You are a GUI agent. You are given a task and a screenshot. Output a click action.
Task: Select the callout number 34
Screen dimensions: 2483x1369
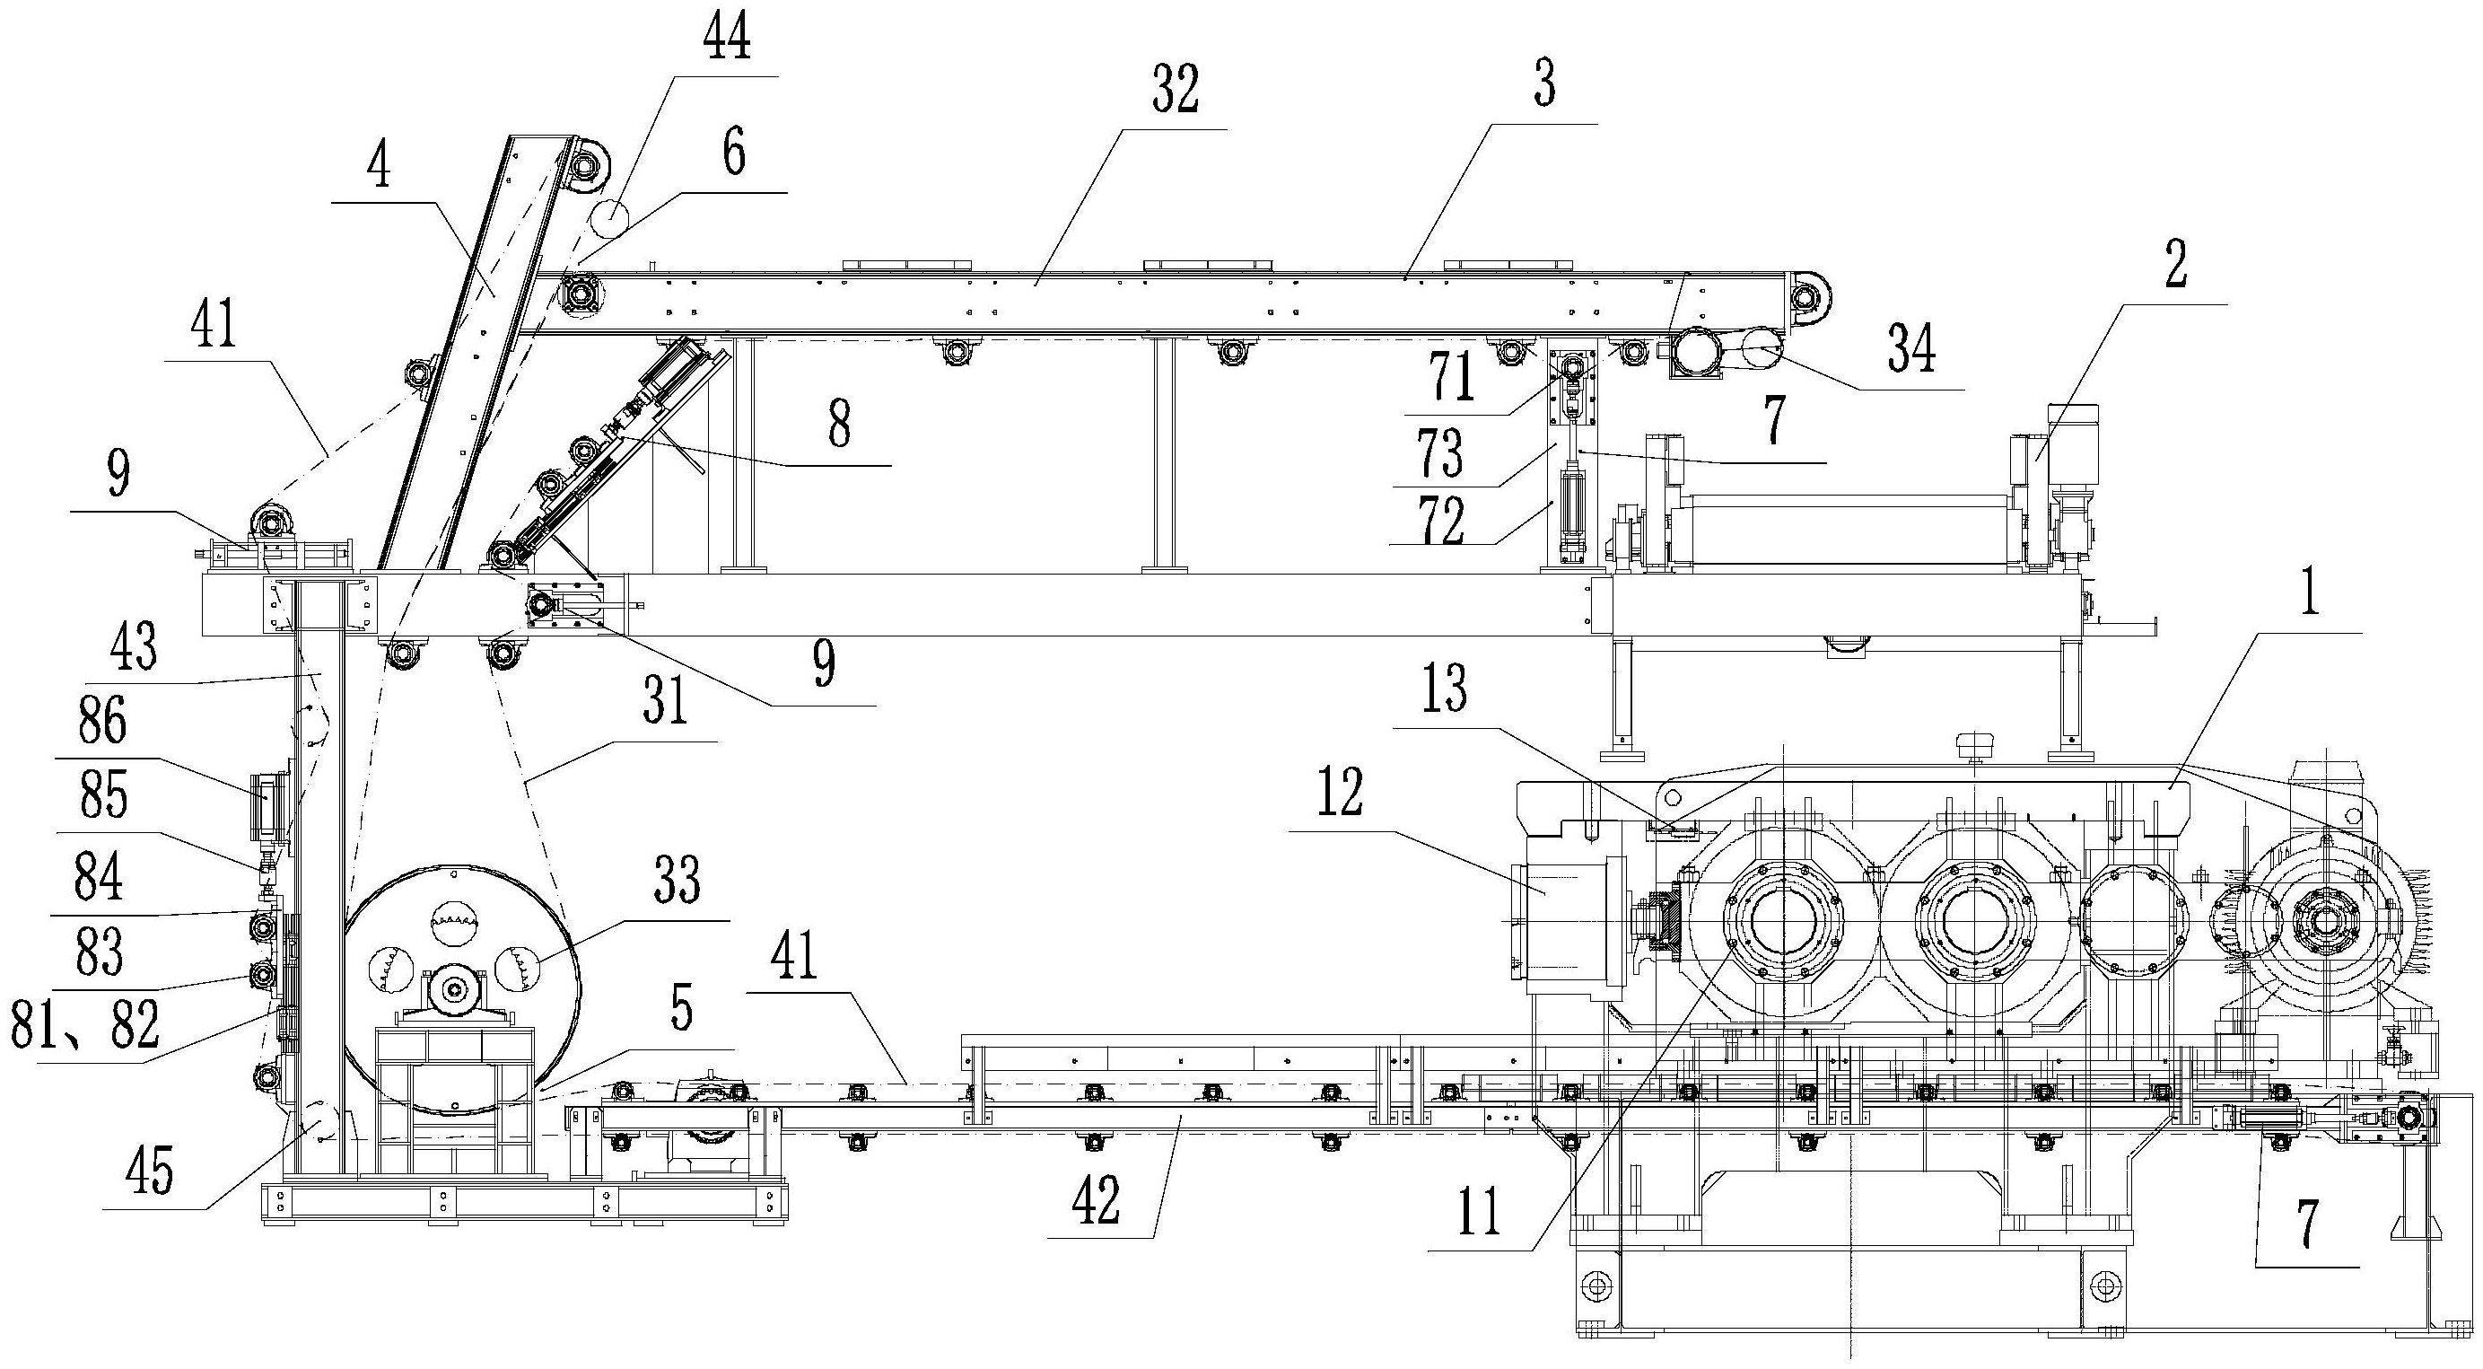point(1910,354)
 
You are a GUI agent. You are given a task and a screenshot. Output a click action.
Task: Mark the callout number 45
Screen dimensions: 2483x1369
point(151,1172)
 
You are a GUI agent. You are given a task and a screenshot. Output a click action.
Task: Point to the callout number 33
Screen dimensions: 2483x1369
point(676,884)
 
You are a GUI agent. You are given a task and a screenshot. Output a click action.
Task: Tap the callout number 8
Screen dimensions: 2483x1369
point(840,427)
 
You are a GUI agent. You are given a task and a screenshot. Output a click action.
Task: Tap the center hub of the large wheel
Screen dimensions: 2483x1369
point(455,987)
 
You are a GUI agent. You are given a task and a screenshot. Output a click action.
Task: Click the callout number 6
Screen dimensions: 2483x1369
point(734,156)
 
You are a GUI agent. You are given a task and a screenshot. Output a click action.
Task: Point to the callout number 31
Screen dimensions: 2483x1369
point(665,703)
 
